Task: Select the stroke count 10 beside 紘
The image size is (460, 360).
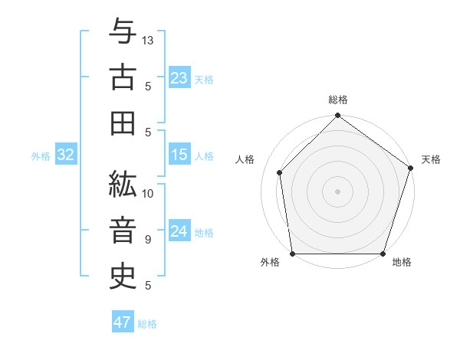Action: click(148, 193)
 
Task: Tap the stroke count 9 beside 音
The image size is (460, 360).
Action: click(147, 239)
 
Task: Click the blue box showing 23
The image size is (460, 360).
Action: click(179, 78)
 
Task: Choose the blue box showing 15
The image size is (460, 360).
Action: click(179, 155)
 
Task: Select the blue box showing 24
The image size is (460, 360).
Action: click(179, 231)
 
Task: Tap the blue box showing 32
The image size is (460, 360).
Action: click(65, 155)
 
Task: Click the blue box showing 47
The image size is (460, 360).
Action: click(123, 322)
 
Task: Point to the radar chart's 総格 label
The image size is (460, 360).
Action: click(338, 100)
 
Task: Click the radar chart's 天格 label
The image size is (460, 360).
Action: click(431, 159)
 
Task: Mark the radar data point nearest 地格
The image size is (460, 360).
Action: click(383, 254)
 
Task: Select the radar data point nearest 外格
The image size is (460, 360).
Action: click(292, 254)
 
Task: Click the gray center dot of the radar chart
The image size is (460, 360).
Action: click(337, 191)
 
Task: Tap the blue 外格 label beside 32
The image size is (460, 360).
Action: click(41, 156)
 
